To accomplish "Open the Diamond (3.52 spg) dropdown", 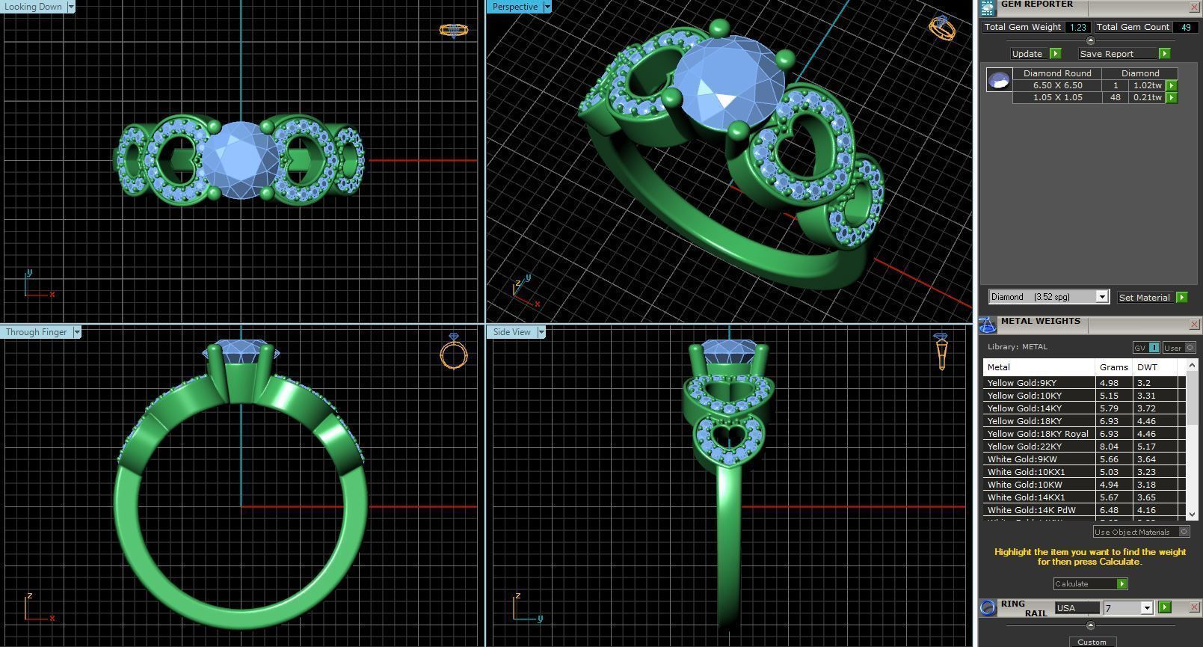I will pyautogui.click(x=1101, y=297).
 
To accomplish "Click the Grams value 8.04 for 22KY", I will pyautogui.click(x=1109, y=447).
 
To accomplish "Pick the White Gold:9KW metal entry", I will pyautogui.click(x=1022, y=459).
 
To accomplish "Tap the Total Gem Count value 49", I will pyautogui.click(x=1184, y=27).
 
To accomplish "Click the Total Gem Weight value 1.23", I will pyautogui.click(x=1077, y=27).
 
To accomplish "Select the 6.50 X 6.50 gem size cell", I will pyautogui.click(x=1057, y=85).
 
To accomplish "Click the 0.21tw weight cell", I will pyautogui.click(x=1146, y=97).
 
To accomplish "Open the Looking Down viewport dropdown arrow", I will pyautogui.click(x=71, y=7).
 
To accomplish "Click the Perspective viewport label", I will pyautogui.click(x=514, y=7).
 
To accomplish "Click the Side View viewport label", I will pyautogui.click(x=511, y=332).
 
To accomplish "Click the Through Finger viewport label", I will pyautogui.click(x=37, y=332).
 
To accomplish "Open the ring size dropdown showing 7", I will pyautogui.click(x=1146, y=608).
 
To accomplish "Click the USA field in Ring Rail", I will pyautogui.click(x=1076, y=608).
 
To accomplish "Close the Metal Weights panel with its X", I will pyautogui.click(x=1194, y=324).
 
